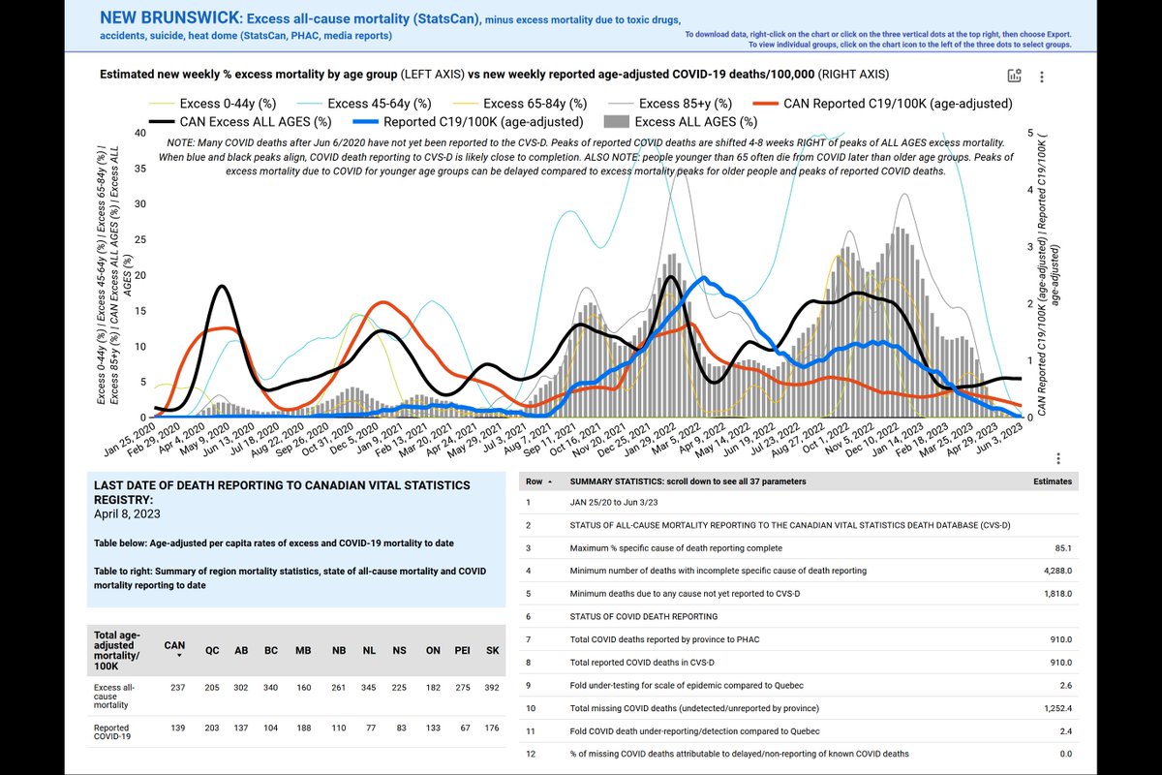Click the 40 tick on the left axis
[x=140, y=134]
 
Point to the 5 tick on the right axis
[x=1028, y=134]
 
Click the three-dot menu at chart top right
[x=1041, y=77]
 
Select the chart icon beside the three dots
[x=1014, y=77]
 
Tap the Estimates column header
[x=1052, y=481]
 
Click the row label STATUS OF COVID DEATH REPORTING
[x=643, y=616]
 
